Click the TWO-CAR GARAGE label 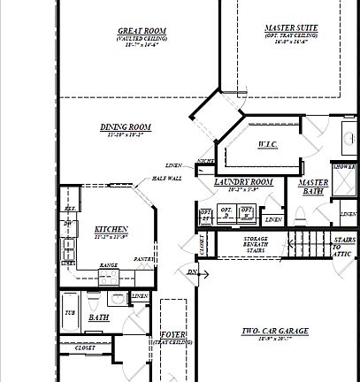[x=275, y=332]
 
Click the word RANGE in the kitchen [x=108, y=265]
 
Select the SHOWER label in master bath [x=344, y=166]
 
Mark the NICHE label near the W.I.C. [x=205, y=161]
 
